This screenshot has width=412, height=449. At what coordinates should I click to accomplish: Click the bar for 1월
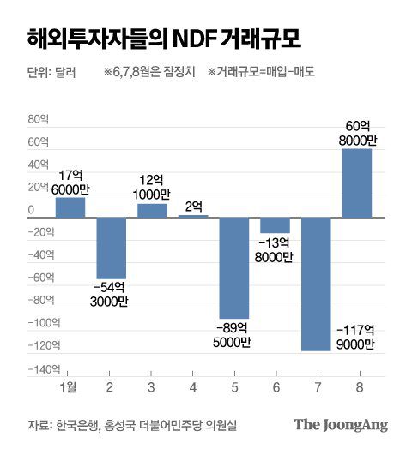pos(70,207)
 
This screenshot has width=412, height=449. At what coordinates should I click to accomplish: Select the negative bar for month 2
pos(112,248)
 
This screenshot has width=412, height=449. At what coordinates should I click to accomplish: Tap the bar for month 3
pos(152,211)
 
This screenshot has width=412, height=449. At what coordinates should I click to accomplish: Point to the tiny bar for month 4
pos(193,216)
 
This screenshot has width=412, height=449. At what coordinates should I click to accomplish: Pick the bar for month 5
pos(234,268)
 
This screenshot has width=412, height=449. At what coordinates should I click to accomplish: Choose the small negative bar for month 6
pos(276,225)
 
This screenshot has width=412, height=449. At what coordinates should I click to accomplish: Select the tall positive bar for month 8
pos(357,183)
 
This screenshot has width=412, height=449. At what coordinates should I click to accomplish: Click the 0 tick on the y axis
pos(31,211)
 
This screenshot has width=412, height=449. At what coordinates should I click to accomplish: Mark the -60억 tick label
pos(39,278)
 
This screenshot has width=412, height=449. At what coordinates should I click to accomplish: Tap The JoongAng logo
pos(340,424)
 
